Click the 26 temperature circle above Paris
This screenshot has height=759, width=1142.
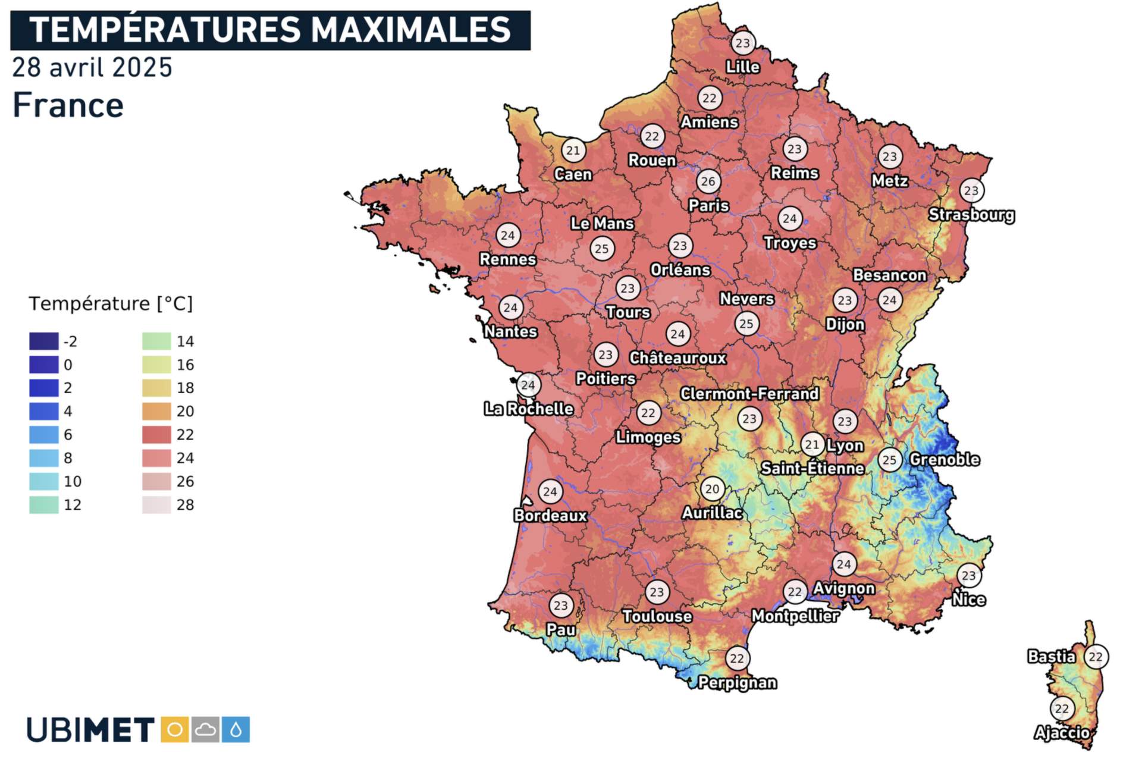click(x=708, y=181)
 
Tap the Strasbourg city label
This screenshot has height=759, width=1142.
click(x=971, y=215)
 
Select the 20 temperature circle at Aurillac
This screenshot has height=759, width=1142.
click(x=712, y=489)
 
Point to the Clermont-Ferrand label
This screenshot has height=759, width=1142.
click(x=749, y=394)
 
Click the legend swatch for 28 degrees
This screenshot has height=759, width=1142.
click(x=156, y=505)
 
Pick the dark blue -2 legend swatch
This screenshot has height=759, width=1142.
click(x=44, y=341)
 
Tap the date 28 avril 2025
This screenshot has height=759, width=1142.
click(x=92, y=68)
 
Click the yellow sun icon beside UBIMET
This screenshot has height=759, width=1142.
click(x=175, y=730)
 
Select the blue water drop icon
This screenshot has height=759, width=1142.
click(x=236, y=730)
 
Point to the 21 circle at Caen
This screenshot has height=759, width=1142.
click(x=573, y=150)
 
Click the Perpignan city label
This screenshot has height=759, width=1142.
click(x=737, y=682)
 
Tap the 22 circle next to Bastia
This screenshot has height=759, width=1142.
click(x=1096, y=657)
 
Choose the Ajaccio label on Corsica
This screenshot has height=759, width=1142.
click(x=1062, y=732)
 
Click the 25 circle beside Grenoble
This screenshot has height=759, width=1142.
click(x=889, y=460)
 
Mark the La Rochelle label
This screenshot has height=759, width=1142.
click(x=528, y=409)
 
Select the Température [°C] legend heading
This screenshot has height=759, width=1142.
click(x=111, y=304)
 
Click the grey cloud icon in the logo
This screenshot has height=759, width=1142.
click(x=206, y=730)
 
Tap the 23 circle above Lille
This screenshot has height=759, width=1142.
click(x=742, y=43)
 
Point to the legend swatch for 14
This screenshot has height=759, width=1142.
click(x=156, y=341)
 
